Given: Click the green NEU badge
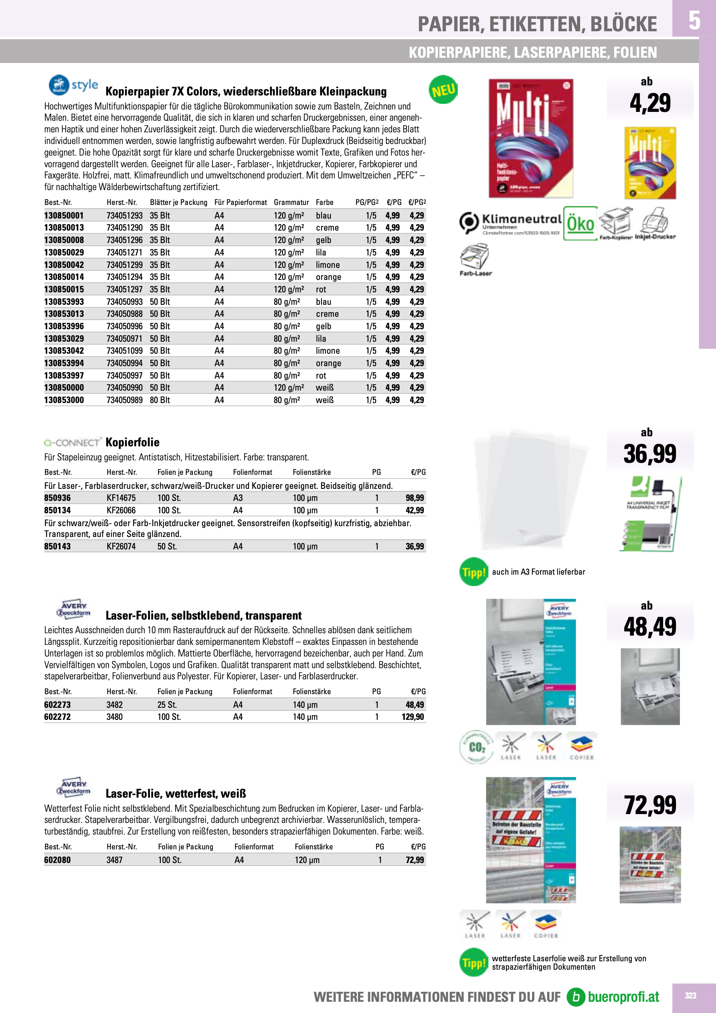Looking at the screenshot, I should click(x=443, y=90).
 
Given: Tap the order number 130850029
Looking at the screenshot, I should click(x=64, y=252).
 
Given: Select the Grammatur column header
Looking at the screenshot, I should click(x=291, y=203).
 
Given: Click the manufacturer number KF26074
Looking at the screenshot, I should click(x=121, y=546).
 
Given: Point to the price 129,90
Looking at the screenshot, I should click(x=413, y=717).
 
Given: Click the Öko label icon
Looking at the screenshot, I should click(x=580, y=223).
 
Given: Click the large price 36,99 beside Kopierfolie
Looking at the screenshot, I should click(x=649, y=454).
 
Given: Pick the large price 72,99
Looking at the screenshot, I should click(x=650, y=805).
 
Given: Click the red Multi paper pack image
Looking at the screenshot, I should click(x=531, y=138).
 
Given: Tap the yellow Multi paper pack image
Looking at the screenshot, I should click(x=650, y=163).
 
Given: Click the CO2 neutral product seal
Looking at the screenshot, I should click(x=476, y=747).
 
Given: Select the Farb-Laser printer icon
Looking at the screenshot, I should click(x=475, y=260).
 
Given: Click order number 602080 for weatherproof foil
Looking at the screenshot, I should click(x=57, y=860).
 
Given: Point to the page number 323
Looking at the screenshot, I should click(x=690, y=995).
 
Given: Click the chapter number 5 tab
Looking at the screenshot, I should click(x=694, y=20).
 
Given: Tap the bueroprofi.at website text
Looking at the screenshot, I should click(x=623, y=997).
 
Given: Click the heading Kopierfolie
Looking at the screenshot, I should click(x=132, y=442).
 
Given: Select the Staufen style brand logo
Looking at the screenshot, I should click(x=73, y=85).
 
